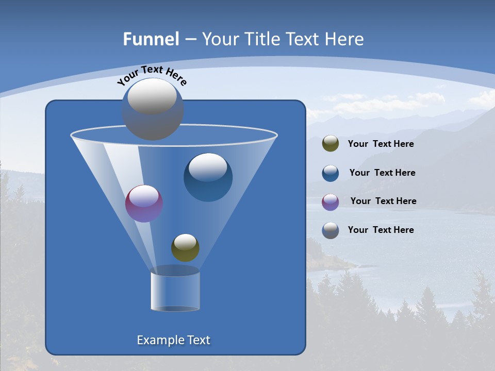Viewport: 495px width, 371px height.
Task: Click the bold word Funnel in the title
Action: [x=151, y=39]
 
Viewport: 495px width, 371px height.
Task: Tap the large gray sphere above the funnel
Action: [x=153, y=109]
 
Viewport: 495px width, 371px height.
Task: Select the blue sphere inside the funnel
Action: [x=208, y=177]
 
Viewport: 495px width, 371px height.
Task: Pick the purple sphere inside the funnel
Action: [x=144, y=204]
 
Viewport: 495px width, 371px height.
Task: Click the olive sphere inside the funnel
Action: [x=185, y=248]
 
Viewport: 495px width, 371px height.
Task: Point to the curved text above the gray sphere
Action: [x=152, y=75]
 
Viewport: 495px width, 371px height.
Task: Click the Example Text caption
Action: [x=174, y=340]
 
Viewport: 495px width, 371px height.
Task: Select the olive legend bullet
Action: [x=331, y=144]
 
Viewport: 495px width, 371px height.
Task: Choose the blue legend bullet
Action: [x=331, y=173]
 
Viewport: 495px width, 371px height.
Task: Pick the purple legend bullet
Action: [x=331, y=202]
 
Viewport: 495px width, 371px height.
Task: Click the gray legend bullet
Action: [x=331, y=230]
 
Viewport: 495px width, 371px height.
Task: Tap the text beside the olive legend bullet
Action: [x=381, y=144]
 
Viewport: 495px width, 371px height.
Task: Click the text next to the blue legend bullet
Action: [x=382, y=173]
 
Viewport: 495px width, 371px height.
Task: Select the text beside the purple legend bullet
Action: [x=383, y=201]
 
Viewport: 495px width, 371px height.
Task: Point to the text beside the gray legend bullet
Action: [x=381, y=230]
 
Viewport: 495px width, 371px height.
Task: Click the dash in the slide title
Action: [x=190, y=39]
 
